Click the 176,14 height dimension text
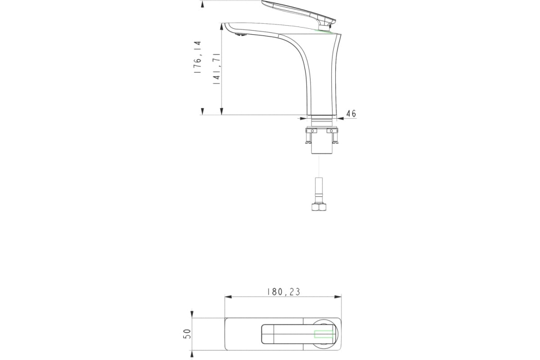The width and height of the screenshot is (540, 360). (198, 57)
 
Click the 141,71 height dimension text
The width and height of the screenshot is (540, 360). (216, 68)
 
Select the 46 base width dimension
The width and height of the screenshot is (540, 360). (351, 113)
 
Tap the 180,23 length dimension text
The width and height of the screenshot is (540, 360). (283, 292)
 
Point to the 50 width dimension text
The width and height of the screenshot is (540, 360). (187, 334)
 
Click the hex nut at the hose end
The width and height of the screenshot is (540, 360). (319, 207)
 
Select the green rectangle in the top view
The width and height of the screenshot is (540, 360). (324, 334)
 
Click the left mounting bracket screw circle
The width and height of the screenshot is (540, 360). (312, 131)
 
